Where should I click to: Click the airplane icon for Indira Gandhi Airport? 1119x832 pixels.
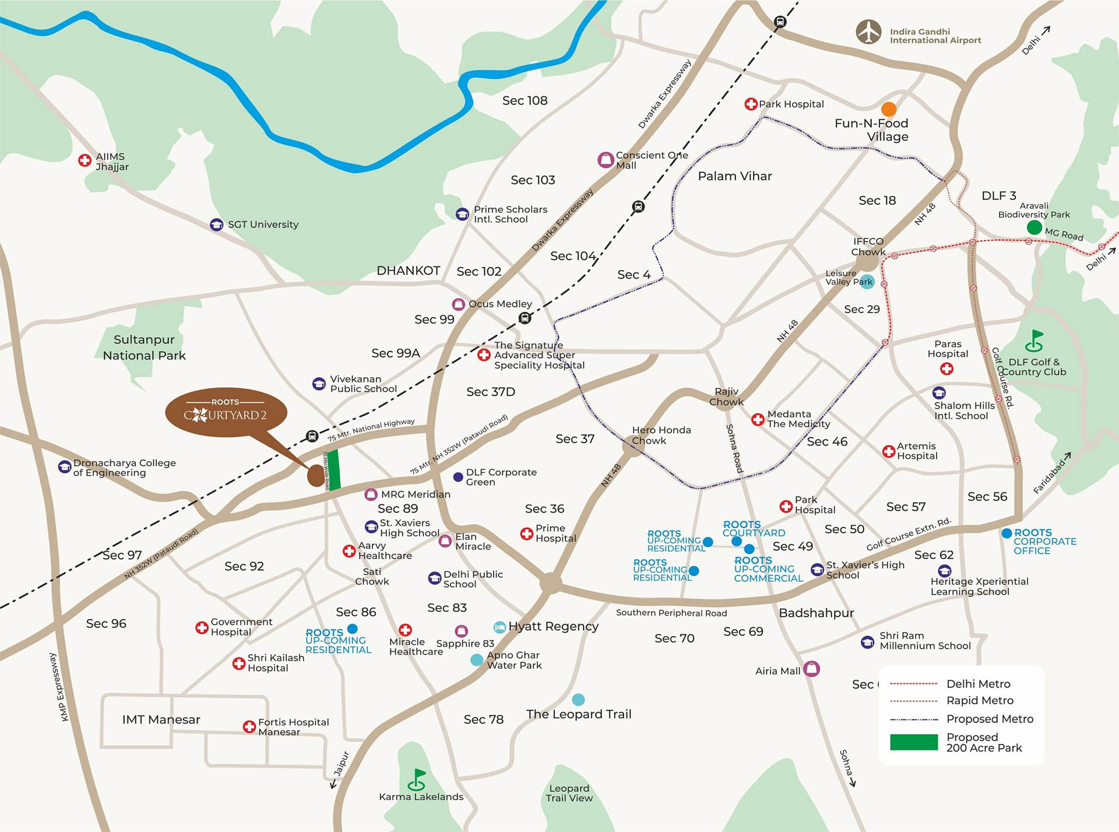click(x=868, y=32)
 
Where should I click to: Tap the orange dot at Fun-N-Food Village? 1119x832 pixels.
click(x=888, y=109)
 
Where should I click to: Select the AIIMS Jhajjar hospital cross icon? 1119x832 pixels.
click(x=85, y=160)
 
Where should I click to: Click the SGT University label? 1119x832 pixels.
click(x=263, y=224)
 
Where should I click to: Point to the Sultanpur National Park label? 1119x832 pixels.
click(x=144, y=347)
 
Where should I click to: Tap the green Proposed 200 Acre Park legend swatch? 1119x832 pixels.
click(x=913, y=742)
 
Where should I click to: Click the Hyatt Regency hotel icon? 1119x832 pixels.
click(x=499, y=627)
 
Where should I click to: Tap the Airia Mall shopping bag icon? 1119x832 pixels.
click(x=811, y=668)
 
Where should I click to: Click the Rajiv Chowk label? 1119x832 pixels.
click(x=726, y=396)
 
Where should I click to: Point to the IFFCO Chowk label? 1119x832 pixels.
click(x=868, y=246)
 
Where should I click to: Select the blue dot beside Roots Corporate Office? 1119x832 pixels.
click(x=1007, y=533)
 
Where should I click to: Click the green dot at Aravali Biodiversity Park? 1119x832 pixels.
click(x=1034, y=227)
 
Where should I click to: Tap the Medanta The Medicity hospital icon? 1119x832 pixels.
click(x=758, y=419)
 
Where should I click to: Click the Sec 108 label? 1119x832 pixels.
click(x=525, y=101)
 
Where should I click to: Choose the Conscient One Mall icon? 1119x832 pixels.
click(x=606, y=160)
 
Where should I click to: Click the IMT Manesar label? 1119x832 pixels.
click(x=161, y=719)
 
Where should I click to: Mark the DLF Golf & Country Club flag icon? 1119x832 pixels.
click(x=1034, y=340)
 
